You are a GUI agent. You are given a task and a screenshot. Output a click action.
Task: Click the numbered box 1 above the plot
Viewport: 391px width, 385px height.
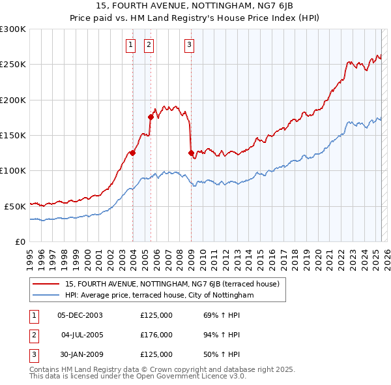[x=131, y=45]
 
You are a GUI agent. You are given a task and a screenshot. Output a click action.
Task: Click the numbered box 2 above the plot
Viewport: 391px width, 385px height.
[x=149, y=45]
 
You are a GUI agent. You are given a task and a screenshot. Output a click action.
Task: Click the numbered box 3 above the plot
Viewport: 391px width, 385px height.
[x=189, y=45]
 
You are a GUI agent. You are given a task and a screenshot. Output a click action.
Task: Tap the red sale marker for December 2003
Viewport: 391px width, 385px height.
[x=132, y=153]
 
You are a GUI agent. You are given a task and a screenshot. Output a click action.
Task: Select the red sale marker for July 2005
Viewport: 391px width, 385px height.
[x=151, y=117]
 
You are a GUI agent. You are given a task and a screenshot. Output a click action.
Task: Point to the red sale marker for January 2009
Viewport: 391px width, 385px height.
[x=191, y=153]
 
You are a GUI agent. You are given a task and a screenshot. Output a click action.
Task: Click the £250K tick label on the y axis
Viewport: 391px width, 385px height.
[x=13, y=65]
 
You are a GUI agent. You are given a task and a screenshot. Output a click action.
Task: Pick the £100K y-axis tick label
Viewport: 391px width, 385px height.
[x=13, y=170]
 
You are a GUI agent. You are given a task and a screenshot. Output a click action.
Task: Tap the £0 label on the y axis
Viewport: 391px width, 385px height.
[x=20, y=241]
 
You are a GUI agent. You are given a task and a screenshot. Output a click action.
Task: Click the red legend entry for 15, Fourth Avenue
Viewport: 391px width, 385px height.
[x=172, y=284]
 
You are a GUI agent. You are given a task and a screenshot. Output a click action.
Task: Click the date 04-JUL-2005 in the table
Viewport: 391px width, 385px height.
[x=81, y=335]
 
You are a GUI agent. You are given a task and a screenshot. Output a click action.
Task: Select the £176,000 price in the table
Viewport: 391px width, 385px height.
[x=156, y=335]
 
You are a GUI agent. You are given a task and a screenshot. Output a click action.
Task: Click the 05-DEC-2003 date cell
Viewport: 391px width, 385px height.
[x=80, y=315]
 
